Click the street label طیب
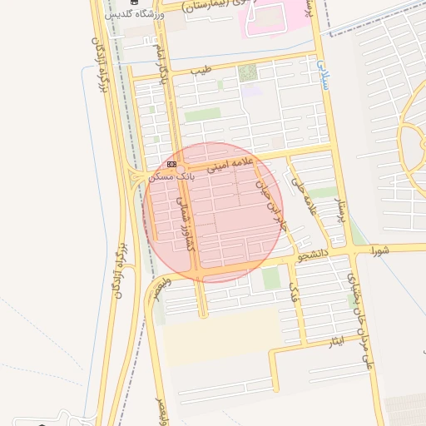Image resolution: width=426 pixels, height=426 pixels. [x=201, y=71]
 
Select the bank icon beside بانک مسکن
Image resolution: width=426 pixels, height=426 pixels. [x=171, y=165]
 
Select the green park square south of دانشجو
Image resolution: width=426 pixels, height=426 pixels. [x=271, y=278]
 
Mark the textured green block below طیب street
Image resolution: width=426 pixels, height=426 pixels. [x=247, y=72]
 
